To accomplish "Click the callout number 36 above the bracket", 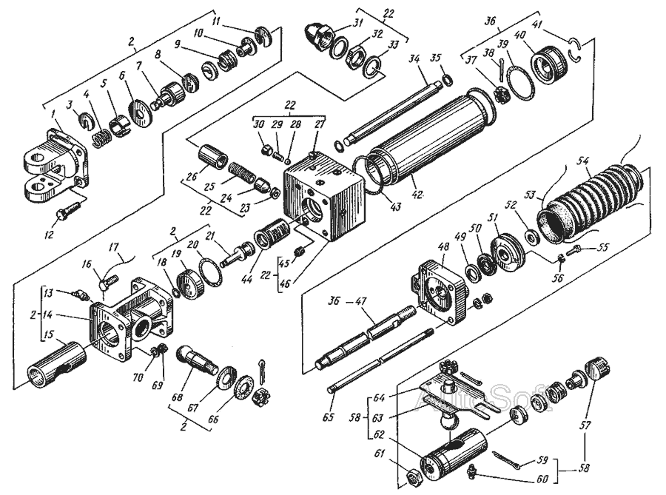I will point(489,21).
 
